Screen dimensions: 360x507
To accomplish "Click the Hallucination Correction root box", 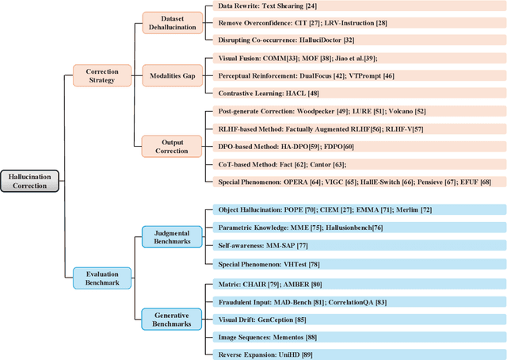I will (29, 180).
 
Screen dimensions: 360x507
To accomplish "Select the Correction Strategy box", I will (101, 76).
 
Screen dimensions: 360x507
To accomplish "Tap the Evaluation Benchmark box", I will (101, 277).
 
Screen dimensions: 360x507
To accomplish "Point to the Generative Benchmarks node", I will (171, 319).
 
